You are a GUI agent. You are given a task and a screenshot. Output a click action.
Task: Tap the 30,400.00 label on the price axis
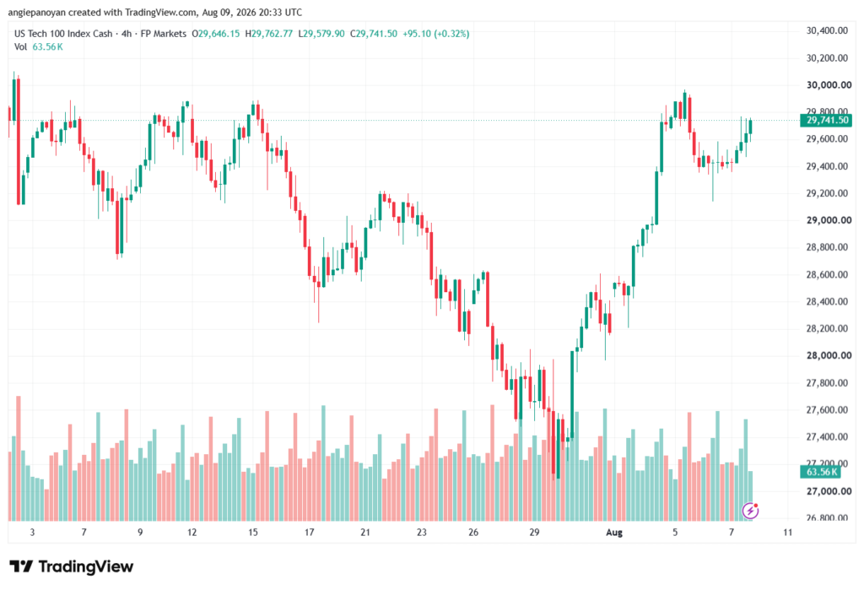click(x=827, y=31)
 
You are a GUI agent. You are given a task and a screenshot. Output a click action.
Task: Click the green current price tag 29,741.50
click(x=826, y=120)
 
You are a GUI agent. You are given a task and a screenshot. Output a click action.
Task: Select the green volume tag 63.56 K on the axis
click(x=820, y=472)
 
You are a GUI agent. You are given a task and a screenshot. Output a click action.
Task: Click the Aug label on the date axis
click(x=614, y=532)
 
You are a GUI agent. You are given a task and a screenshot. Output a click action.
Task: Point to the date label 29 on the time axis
click(x=534, y=532)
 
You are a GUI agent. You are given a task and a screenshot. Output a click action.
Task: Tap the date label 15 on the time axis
click(x=253, y=532)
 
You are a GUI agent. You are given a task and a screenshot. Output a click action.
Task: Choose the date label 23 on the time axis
click(x=422, y=532)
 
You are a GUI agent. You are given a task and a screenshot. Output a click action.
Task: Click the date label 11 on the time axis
click(x=787, y=532)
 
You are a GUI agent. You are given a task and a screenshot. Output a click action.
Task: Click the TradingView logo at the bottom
click(x=72, y=566)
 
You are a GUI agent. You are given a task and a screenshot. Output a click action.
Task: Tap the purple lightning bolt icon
click(x=750, y=511)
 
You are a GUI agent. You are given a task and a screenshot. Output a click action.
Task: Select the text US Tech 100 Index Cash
click(x=63, y=34)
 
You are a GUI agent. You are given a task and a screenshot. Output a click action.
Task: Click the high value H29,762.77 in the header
click(x=269, y=34)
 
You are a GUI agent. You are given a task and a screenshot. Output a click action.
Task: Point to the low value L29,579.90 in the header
click(x=321, y=34)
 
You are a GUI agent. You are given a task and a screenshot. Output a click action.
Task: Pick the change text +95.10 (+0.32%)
click(x=436, y=34)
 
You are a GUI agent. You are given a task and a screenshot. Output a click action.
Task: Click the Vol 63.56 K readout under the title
click(x=39, y=47)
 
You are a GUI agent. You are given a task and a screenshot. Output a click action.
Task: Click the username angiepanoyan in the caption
click(x=36, y=12)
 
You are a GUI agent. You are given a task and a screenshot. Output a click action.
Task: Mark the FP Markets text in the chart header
click(x=164, y=34)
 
